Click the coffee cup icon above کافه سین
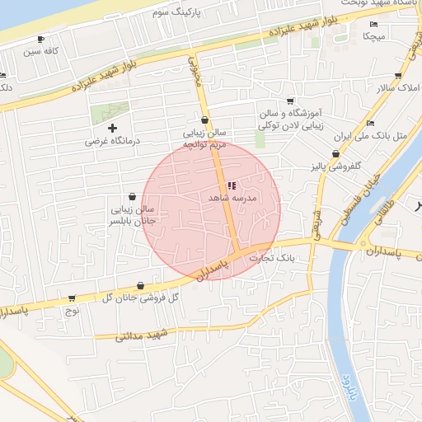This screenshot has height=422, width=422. [x=41, y=40]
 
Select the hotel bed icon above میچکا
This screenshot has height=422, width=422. [x=374, y=25]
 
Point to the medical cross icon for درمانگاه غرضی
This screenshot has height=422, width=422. [x=113, y=128]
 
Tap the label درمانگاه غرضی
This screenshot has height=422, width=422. [x=113, y=141]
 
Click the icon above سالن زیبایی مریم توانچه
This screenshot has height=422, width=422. [x=204, y=120]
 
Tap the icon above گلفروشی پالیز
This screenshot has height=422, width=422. [x=335, y=154]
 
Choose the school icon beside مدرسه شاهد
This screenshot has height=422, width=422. [x=231, y=185]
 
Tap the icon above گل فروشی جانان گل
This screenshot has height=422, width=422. [x=138, y=284]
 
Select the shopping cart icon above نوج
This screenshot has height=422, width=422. [x=72, y=298]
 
